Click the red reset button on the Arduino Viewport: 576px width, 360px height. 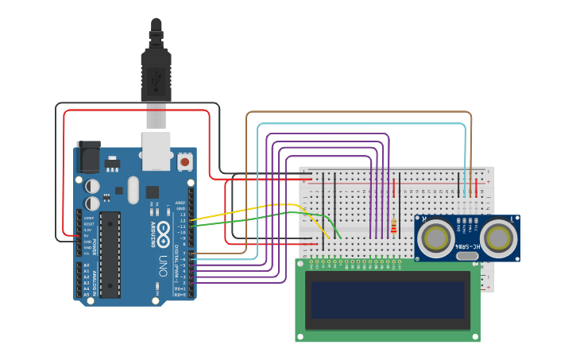pyautogui.click(x=185, y=161)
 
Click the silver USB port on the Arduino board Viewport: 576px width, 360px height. pyautogui.click(x=157, y=150)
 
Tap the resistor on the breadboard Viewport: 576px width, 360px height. pyautogui.click(x=393, y=226)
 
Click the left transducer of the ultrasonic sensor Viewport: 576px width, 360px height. pyautogui.click(x=437, y=237)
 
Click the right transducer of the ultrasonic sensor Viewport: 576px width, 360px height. pyautogui.click(x=498, y=237)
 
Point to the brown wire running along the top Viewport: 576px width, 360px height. pyautogui.click(x=358, y=112)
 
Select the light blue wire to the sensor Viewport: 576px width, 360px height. pyautogui.click(x=358, y=124)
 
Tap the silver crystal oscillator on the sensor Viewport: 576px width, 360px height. pyautogui.click(x=468, y=255)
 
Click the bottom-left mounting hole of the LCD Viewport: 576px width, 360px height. pyautogui.click(x=300, y=337)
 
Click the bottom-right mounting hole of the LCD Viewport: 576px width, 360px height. pyautogui.click(x=476, y=337)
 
